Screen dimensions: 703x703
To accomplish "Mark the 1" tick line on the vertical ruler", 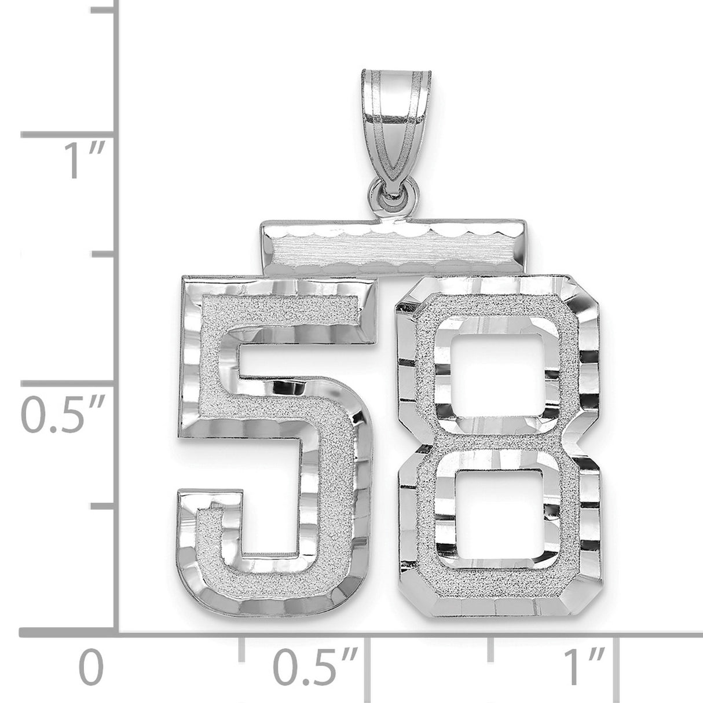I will point(67,136).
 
